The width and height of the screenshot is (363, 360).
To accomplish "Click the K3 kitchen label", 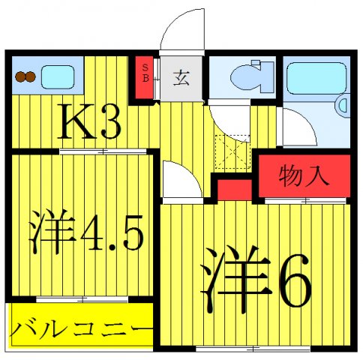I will [88, 124].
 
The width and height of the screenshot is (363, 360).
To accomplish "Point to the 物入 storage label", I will [304, 176].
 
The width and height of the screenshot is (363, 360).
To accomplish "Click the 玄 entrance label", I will [182, 77].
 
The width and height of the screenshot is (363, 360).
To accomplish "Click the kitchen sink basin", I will [58, 76].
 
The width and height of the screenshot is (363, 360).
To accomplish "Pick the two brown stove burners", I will [26, 76].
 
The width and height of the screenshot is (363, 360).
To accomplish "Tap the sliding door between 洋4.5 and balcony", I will [82, 299].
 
